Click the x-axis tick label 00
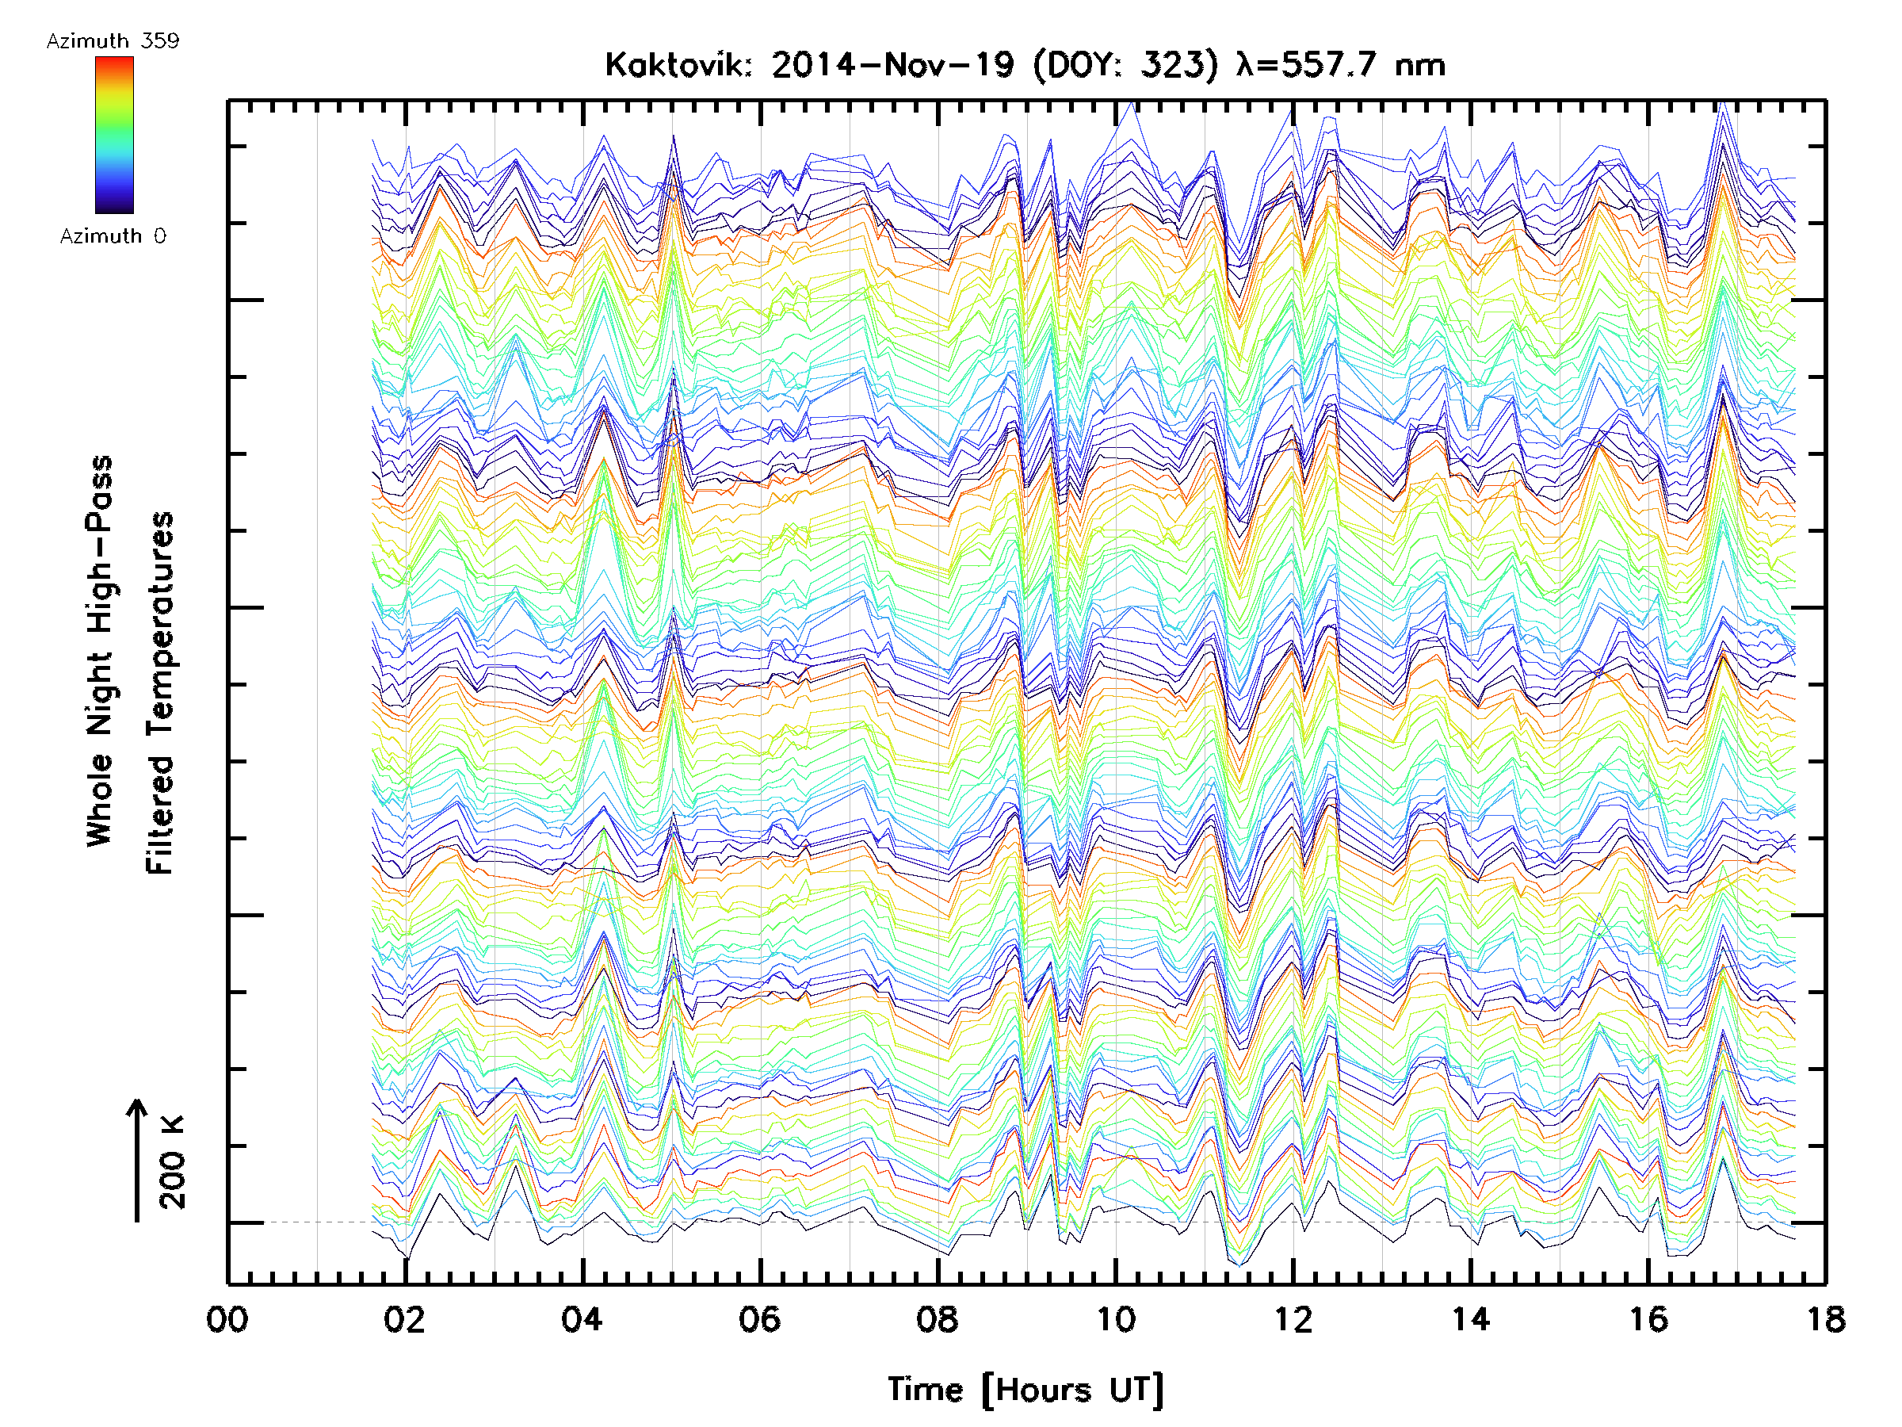227,1319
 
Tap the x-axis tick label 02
405,1319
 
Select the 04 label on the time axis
582,1319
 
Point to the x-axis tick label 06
760,1319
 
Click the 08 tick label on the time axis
938,1319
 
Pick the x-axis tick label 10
1115,1319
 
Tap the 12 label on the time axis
1293,1319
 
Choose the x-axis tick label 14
1471,1319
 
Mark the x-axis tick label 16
1648,1319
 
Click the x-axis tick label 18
1825,1319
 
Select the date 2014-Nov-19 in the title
892,65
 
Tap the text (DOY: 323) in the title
1125,65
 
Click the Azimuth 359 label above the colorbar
113,41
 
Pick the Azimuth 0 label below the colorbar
113,235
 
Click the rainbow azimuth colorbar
114,135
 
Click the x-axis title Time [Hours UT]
1025,1390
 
